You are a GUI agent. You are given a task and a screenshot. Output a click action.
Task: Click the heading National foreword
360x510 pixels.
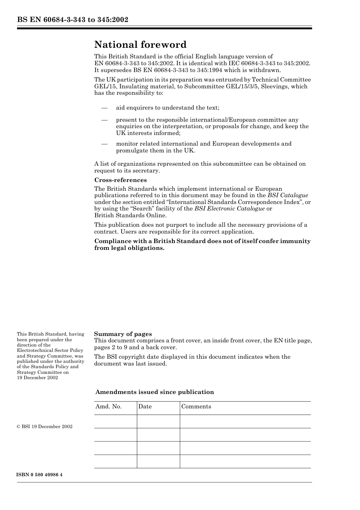coord(140,45)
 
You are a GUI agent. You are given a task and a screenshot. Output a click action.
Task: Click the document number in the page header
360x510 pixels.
coord(72,20)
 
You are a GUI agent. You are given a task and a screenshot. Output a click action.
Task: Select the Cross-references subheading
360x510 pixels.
coord(121,180)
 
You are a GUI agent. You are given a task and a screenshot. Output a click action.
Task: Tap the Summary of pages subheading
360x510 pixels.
coord(123,334)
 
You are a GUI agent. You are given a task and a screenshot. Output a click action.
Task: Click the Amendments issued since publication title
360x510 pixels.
coord(155,392)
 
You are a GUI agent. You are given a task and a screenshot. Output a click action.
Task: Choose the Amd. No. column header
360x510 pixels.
coord(108,406)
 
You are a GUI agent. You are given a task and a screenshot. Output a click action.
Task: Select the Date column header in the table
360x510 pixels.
coord(145,406)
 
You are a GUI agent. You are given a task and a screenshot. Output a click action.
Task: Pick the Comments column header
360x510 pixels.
coord(196,406)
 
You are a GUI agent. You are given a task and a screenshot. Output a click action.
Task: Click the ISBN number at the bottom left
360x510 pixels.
coord(39,475)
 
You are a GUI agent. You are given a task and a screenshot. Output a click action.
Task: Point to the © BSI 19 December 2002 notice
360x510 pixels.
coord(45,427)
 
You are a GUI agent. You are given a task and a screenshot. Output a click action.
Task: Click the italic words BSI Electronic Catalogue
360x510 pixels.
coord(229,209)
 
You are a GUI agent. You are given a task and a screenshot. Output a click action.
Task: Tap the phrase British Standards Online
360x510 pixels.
coord(130,215)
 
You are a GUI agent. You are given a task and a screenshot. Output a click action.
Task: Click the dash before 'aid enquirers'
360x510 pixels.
coord(105,108)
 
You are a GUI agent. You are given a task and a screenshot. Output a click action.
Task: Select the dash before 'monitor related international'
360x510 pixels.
coord(105,144)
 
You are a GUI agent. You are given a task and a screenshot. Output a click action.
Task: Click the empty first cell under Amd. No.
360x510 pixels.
coord(115,421)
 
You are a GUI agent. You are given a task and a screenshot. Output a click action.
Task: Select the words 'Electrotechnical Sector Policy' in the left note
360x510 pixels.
coord(50,351)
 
